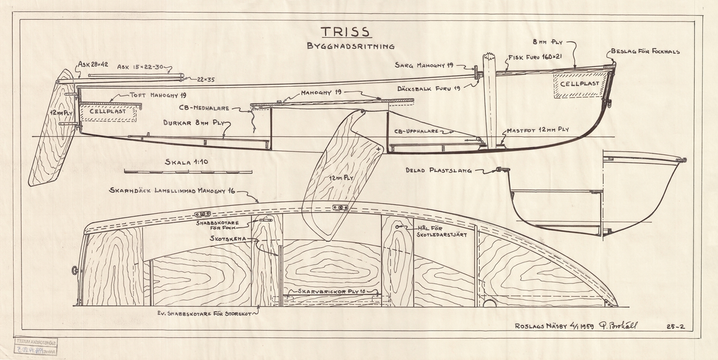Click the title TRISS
point(345,31)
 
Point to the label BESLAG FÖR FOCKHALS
point(645,51)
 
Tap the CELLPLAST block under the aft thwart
point(108,111)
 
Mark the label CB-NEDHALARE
point(209,109)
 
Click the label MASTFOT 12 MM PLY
point(539,129)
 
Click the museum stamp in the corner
point(36,345)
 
